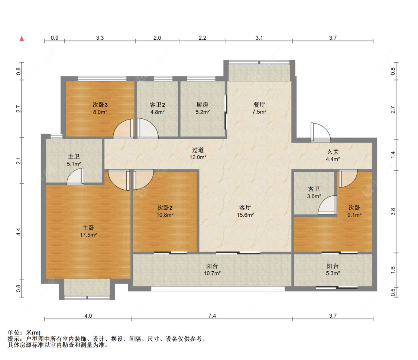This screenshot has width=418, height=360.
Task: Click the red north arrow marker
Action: point(22,39)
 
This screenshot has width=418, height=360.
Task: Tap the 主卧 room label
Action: point(88,228)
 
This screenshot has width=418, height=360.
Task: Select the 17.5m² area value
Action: point(88,235)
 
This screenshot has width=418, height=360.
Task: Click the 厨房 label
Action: point(202,105)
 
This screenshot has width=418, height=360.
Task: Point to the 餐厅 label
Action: point(259,105)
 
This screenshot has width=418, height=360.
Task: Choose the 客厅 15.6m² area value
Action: point(245,215)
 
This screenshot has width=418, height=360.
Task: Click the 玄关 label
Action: point(333,152)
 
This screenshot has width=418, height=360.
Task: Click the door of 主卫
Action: point(75,176)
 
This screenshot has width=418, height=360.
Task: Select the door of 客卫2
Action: point(148,128)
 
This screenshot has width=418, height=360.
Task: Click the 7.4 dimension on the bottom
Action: point(212,316)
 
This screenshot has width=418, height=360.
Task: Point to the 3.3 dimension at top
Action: point(100,38)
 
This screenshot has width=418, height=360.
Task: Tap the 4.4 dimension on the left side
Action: point(18,232)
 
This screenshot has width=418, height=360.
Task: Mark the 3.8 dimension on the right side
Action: point(393,212)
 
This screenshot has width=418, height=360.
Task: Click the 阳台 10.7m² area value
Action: point(212,273)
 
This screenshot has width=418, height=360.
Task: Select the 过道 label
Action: point(198,150)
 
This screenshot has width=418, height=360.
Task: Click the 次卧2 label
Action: point(165,207)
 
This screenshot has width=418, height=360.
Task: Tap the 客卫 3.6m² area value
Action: point(314,196)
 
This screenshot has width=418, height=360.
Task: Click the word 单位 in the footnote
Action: point(14,333)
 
